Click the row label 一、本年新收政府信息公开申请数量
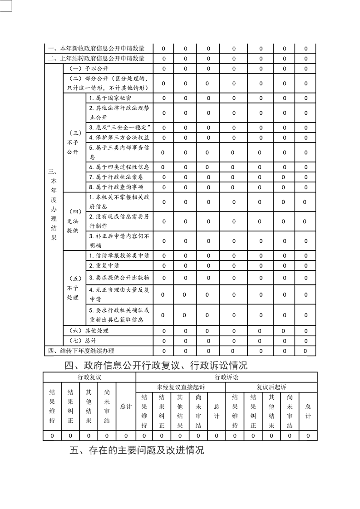pos(97,49)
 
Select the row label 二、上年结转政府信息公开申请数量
pos(97,59)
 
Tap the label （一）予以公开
pos(89,69)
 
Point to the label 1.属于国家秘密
pos(111,98)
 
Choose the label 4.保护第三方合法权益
pos(119,137)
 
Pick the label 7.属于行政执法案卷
pos(116,177)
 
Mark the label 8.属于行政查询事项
pos(116,187)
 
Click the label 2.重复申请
pos(104,266)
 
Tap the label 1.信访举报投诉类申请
pos(119,256)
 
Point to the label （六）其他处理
pos(89,331)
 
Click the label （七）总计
pos(83,340)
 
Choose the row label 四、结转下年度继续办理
pos(81,351)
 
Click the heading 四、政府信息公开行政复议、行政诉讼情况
pos(157,365)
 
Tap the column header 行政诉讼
pos(226,377)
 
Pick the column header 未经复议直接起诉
pos(181,387)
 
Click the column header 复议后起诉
pos(271,387)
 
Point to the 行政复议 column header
pos(89,377)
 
